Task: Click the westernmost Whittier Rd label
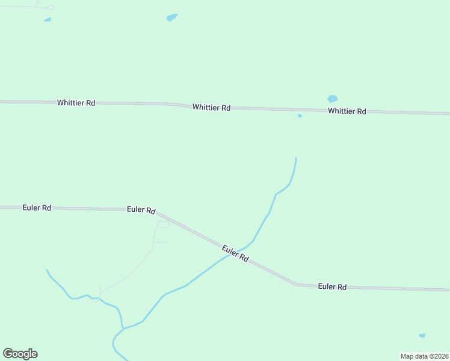click(76, 103)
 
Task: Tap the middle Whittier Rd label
click(211, 108)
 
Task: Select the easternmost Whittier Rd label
click(347, 111)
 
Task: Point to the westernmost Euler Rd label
click(36, 208)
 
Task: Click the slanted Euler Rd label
click(235, 253)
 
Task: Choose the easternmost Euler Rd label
click(332, 287)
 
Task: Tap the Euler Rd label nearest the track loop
click(141, 210)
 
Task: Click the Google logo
click(20, 354)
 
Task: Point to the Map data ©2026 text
click(424, 356)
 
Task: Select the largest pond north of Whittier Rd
click(172, 17)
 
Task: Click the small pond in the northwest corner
click(48, 20)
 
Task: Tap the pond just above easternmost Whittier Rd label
click(332, 99)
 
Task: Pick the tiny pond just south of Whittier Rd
click(300, 116)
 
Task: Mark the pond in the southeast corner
click(422, 335)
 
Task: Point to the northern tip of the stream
click(296, 158)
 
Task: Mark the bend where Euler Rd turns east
click(295, 284)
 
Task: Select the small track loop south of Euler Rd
click(162, 224)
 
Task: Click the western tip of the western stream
click(47, 270)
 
